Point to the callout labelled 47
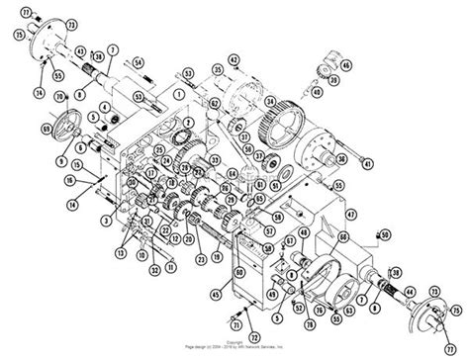348,211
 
